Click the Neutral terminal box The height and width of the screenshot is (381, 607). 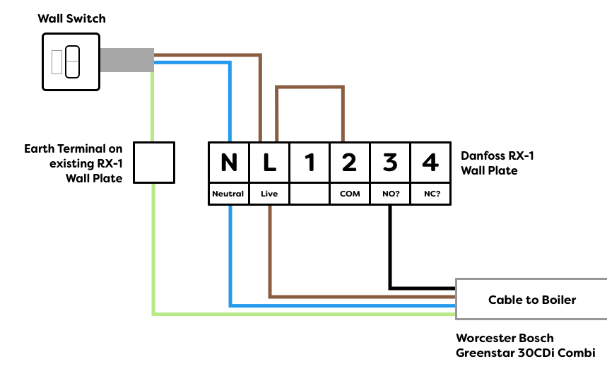(228, 194)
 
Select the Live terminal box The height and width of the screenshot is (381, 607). (269, 194)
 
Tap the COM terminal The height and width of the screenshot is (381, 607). (350, 194)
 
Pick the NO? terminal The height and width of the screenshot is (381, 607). (390, 194)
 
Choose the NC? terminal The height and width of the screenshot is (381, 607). (430, 194)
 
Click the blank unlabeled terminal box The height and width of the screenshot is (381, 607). (310, 194)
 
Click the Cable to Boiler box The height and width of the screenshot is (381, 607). (531, 299)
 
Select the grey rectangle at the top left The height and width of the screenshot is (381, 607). (127, 60)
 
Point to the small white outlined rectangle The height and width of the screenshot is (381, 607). (57, 62)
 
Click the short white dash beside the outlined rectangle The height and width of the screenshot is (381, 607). (72, 61)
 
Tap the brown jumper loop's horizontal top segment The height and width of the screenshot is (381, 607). (310, 87)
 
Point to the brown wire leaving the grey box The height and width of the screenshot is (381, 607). (205, 54)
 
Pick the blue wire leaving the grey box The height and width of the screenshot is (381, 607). (191, 62)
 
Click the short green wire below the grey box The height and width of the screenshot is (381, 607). (152, 106)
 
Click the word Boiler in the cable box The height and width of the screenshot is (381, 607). (559, 300)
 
